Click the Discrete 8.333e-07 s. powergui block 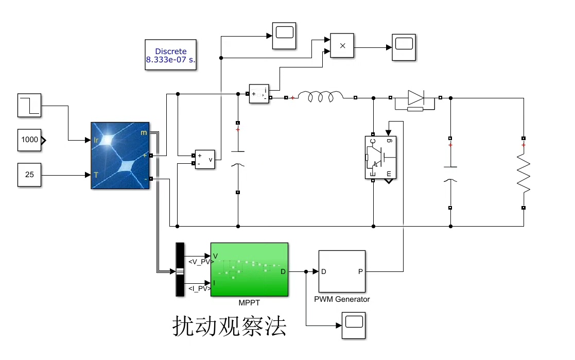pos(171,55)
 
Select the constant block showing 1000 pos(29,140)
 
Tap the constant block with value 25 pos(29,175)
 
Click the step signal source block pos(29,105)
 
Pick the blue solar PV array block pos(120,156)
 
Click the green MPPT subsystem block pos(249,269)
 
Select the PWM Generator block pos(342,271)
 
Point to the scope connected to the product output pos(404,47)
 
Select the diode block pos(415,97)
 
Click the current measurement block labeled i pos(259,94)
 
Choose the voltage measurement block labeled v pos(204,160)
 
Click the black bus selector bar pos(180,269)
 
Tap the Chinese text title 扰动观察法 pos(229,327)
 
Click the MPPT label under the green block pos(249,303)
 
